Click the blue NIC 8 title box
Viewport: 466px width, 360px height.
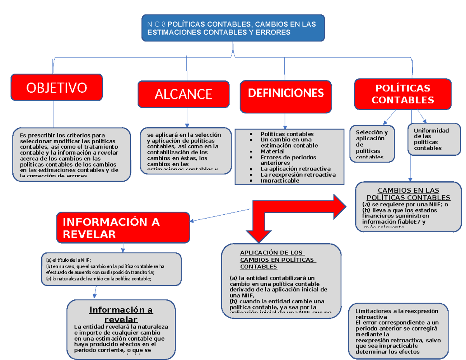click(233, 28)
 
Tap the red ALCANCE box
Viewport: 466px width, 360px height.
click(183, 94)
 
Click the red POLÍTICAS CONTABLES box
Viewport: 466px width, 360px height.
click(402, 94)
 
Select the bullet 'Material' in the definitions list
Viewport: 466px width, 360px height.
click(272, 151)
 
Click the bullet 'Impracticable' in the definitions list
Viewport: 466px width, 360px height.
click(280, 181)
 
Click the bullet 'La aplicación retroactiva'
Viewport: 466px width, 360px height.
click(296, 169)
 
